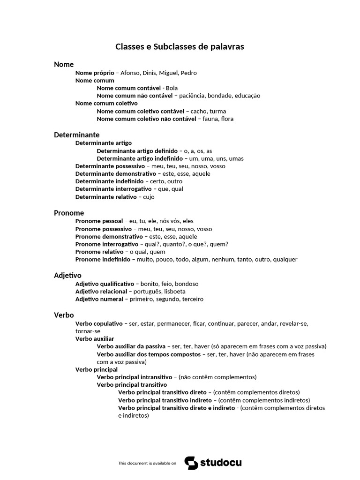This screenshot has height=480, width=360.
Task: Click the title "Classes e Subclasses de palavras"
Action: [180, 47]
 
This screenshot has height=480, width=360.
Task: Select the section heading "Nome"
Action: [64, 64]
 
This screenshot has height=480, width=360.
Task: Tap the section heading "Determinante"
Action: [76, 135]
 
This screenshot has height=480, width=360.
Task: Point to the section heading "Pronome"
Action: [69, 213]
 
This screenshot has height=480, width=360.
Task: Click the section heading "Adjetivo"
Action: [67, 276]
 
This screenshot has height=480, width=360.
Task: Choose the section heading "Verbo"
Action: [64, 315]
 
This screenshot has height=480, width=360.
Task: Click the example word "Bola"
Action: [172, 88]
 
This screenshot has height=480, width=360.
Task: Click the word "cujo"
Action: [149, 197]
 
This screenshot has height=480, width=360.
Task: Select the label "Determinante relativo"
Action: [106, 197]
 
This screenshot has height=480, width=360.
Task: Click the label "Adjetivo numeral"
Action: [99, 299]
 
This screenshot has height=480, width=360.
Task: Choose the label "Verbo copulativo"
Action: [98, 323]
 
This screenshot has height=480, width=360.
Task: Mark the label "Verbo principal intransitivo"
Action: [135, 377]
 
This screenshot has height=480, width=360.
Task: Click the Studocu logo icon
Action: [191, 463]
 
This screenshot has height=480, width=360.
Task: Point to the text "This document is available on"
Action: [147, 463]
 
